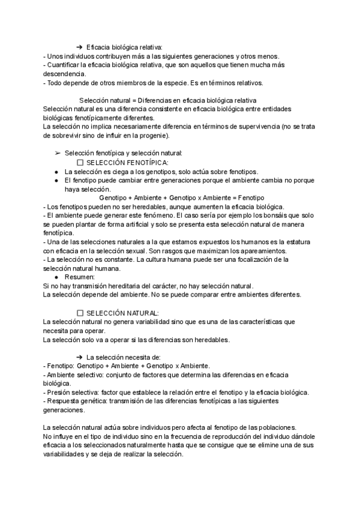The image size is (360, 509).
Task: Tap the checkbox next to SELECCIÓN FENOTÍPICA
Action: click(81, 162)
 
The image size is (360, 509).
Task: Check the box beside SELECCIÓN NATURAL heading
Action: click(81, 313)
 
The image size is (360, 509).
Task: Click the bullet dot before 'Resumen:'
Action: click(56, 277)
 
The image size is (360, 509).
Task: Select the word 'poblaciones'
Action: click(270, 426)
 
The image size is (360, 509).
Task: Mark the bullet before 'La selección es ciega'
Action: click(56, 171)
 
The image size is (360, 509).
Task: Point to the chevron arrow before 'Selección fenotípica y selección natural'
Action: click(58, 154)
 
